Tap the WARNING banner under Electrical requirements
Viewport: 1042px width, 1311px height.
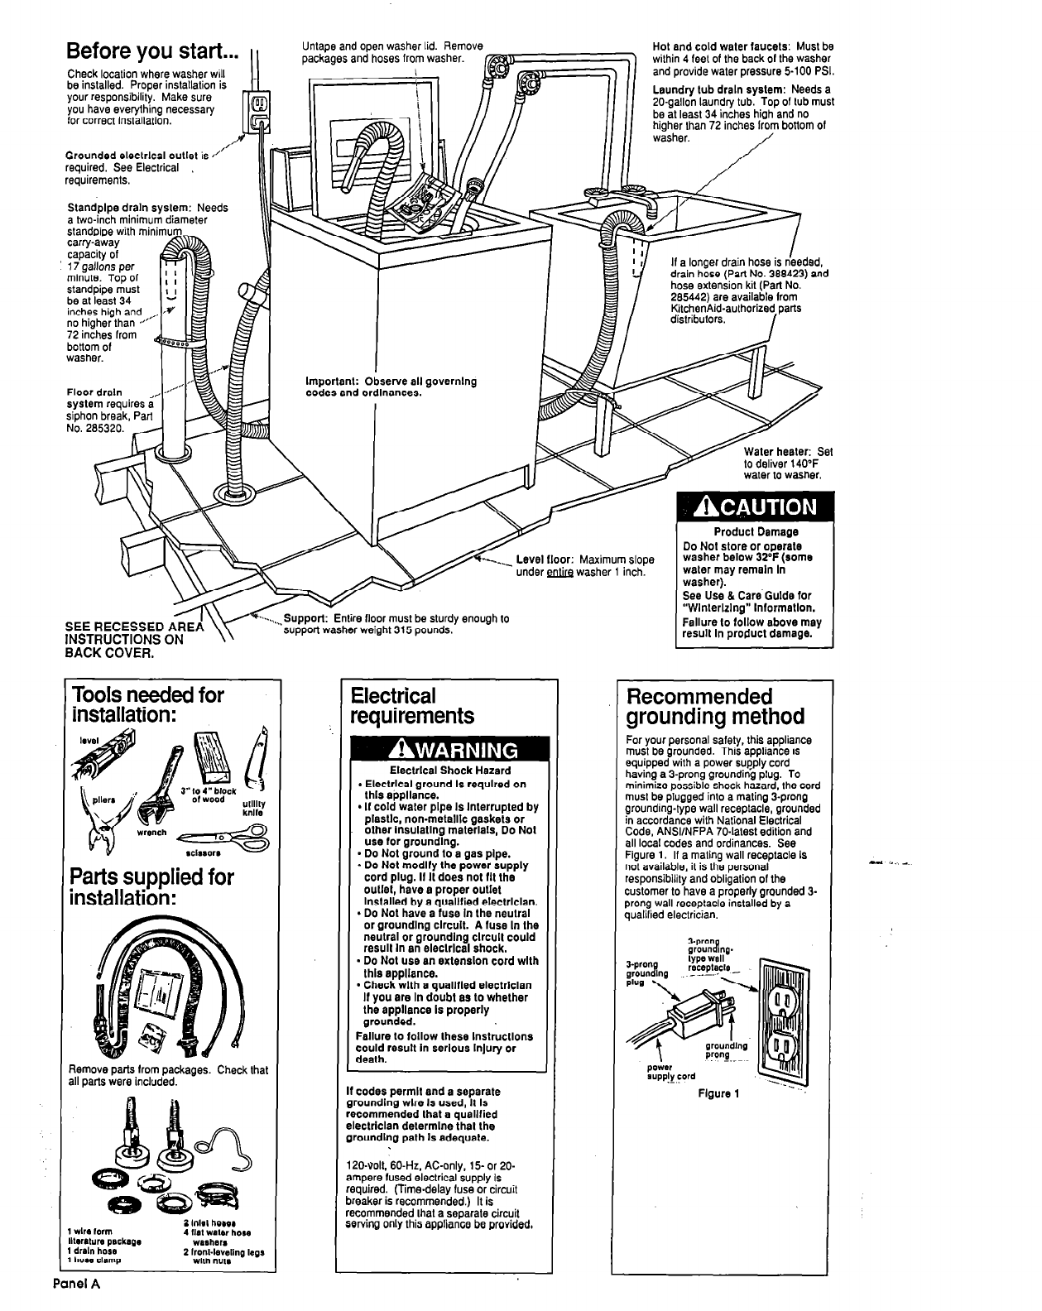coord(441,751)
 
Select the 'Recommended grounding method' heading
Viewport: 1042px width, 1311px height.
coord(715,705)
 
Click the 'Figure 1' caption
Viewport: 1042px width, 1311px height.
coord(718,1093)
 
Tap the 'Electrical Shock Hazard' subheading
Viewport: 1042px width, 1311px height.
coord(440,771)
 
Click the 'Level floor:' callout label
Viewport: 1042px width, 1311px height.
coord(546,559)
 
